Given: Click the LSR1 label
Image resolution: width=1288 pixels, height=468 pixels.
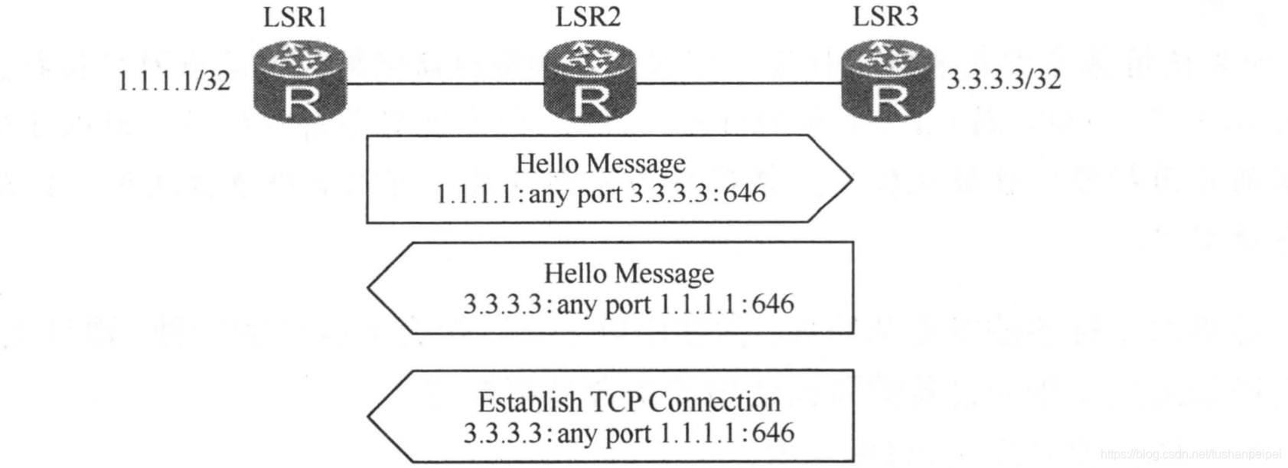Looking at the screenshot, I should coord(295,17).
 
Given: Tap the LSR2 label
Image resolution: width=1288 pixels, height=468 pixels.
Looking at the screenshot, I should coord(588,17).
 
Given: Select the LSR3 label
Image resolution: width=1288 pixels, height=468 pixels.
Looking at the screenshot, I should coord(885,16).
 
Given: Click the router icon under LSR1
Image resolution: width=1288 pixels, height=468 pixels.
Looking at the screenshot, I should coord(300,83).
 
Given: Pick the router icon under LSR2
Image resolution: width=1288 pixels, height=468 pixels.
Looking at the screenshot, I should coord(590,83).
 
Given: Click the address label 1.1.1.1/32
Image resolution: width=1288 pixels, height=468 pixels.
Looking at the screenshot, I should coord(174,80).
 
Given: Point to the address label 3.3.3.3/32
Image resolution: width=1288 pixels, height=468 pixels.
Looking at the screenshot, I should coord(1003,79).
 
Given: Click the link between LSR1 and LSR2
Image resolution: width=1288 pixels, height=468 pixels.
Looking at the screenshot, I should coord(445,83).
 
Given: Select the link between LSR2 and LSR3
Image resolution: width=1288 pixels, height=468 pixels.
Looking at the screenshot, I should coord(739,83).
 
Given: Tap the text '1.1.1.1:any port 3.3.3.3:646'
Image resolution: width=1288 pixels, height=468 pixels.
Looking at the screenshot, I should coord(601,193).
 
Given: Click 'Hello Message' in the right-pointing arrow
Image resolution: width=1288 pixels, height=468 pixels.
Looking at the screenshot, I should coord(601,163).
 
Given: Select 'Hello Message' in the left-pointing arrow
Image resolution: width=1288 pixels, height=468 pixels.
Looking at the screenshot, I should coord(629,273).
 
